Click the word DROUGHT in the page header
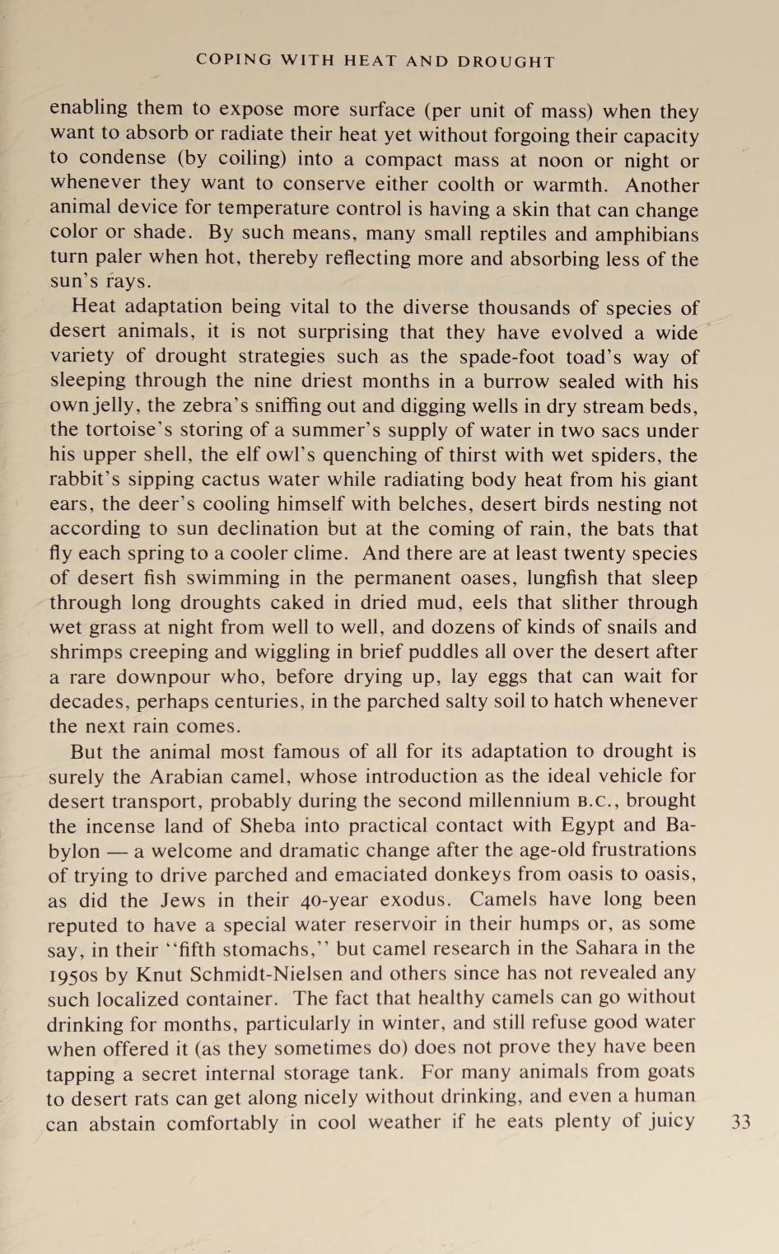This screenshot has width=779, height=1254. point(506,62)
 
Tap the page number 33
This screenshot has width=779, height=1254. point(740,1121)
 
